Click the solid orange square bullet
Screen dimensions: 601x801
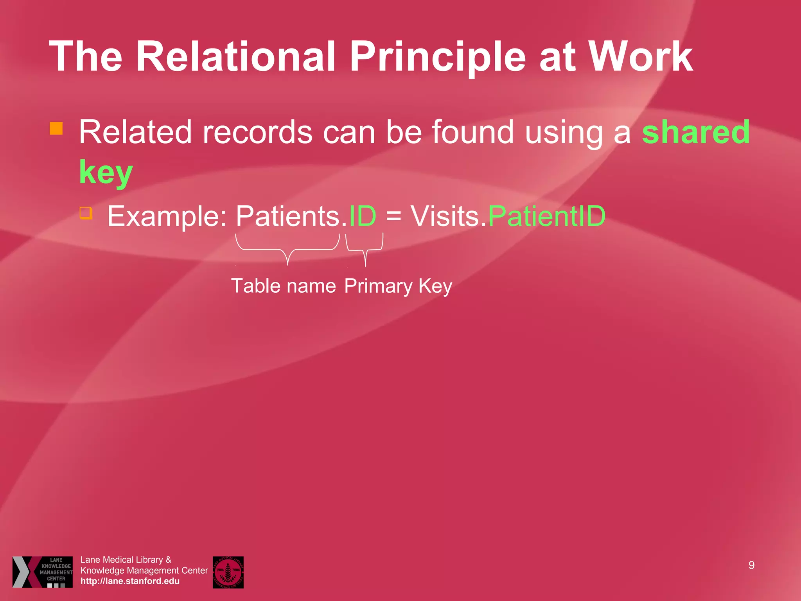[56, 128]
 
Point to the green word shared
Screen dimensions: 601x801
[696, 132]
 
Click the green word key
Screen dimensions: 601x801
[106, 173]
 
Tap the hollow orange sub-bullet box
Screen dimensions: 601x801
[86, 213]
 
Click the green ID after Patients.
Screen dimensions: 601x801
[363, 216]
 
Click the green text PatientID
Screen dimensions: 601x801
[547, 216]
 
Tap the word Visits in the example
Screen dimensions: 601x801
[445, 216]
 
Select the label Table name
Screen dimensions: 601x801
[284, 286]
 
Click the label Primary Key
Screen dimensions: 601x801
[398, 286]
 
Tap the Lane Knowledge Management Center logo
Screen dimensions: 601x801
[43, 572]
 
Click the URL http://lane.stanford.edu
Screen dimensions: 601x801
[130, 581]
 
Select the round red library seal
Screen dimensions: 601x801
[228, 572]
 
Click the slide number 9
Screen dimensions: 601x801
[751, 565]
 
